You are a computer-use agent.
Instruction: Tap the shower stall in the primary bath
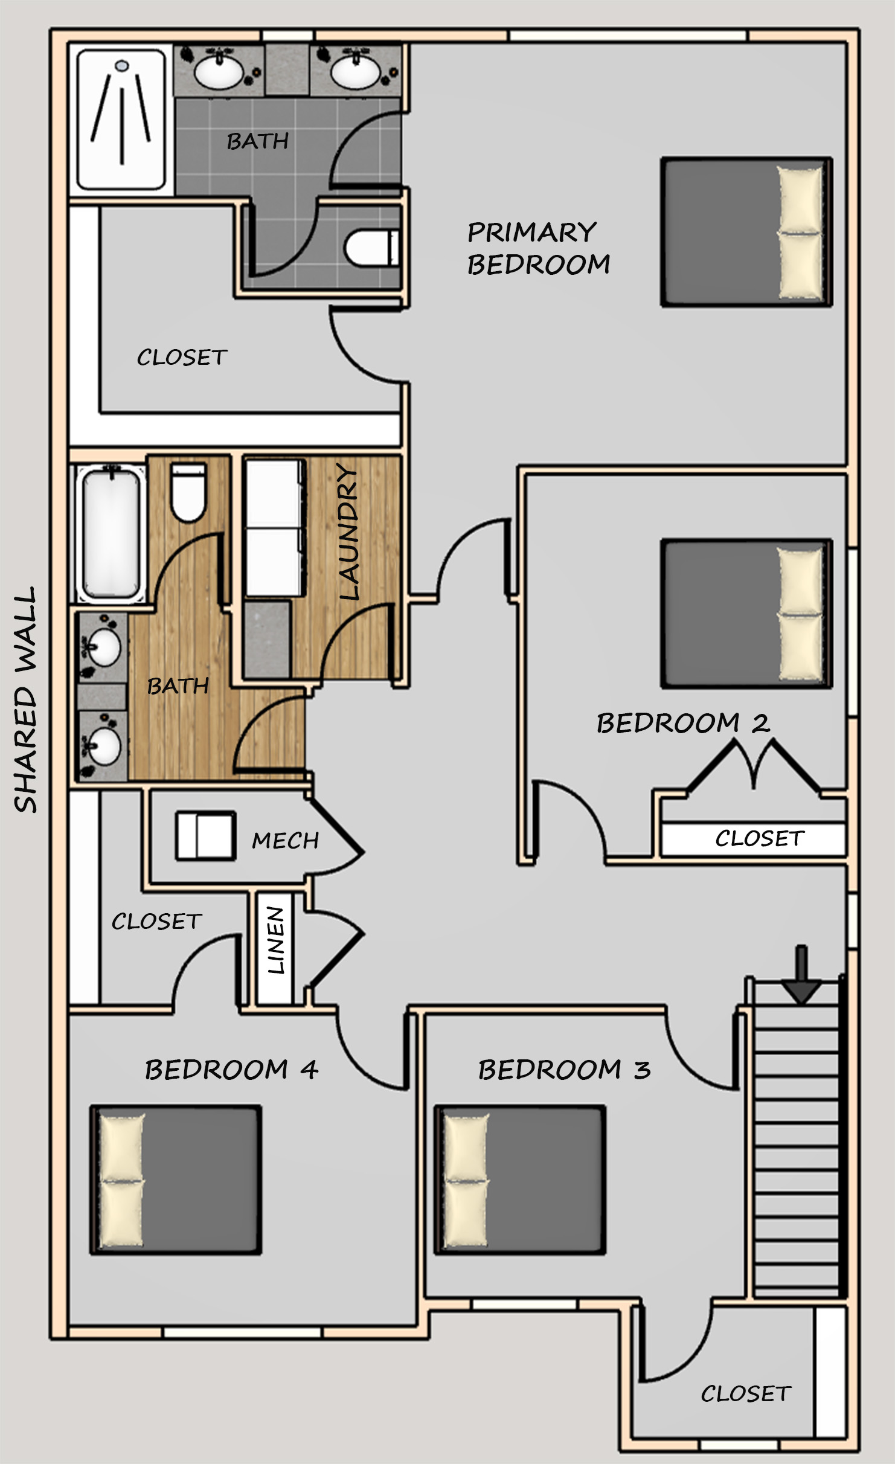[x=121, y=120]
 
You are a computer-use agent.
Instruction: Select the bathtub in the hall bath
[x=111, y=534]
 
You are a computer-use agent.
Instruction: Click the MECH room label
[x=285, y=841]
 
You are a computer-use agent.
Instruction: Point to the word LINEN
[x=275, y=940]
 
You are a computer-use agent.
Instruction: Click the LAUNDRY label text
[x=348, y=532]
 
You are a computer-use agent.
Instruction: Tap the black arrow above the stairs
[x=801, y=975]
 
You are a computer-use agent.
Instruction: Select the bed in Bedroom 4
[x=176, y=1180]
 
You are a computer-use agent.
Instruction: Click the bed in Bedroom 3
[x=520, y=1180]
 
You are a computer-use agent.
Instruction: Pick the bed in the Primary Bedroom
[x=746, y=233]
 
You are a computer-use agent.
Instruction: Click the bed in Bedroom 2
[x=746, y=614]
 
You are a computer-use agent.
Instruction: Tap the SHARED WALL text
[x=25, y=700]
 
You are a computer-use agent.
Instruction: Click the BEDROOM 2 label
[x=683, y=723]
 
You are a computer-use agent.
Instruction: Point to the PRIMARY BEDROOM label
[x=539, y=248]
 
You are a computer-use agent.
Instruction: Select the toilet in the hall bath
[x=188, y=492]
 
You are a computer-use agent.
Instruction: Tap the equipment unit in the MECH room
[x=205, y=836]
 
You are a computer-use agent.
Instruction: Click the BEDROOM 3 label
[x=564, y=1070]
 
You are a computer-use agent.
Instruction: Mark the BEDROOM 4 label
[x=231, y=1070]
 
